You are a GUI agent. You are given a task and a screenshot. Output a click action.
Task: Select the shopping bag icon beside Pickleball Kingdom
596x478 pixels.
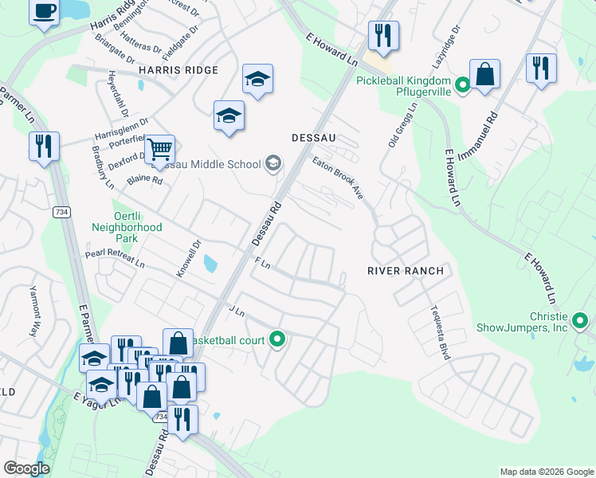coord(484,75)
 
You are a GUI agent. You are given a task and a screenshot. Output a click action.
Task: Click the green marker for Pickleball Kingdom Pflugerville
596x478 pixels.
coord(461,81)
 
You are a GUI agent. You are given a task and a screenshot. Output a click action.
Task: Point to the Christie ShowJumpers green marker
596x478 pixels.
coord(580,322)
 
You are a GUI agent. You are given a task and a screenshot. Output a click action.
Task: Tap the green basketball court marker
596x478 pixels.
coord(277,340)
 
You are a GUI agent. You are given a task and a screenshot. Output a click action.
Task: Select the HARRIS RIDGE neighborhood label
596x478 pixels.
coord(178,71)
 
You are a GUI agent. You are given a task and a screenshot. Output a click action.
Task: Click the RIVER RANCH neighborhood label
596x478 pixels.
coord(405,271)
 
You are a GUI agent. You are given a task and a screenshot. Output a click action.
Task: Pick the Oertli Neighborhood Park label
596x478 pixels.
coord(126,227)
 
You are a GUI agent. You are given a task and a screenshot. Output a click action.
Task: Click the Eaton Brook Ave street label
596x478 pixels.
coord(338,178)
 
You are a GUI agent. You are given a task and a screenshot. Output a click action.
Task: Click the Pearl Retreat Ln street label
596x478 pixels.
coord(115,257)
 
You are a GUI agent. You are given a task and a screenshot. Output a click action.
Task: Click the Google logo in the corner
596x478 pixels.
coord(26,468)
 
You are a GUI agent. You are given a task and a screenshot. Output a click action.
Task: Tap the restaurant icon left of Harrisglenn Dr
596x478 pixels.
coord(43,147)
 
